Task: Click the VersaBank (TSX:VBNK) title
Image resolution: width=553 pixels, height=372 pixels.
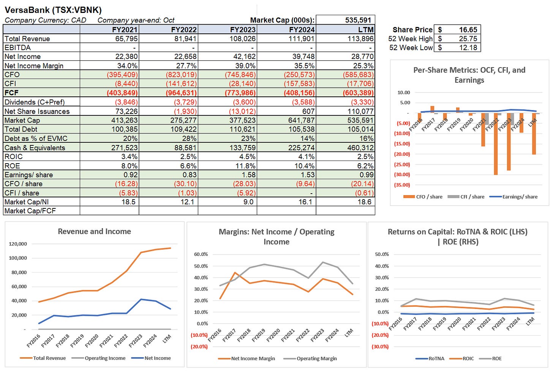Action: [x=53, y=10]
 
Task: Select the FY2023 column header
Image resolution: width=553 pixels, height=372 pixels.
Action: [x=243, y=30]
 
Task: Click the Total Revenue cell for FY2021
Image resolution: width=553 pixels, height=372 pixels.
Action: [x=126, y=39]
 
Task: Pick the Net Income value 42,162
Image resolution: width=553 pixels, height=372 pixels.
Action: [x=243, y=57]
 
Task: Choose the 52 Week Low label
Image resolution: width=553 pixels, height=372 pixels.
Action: [x=411, y=47]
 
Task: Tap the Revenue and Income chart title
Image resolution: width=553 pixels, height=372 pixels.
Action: [x=94, y=232]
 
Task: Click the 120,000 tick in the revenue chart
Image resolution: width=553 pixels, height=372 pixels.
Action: [x=17, y=244]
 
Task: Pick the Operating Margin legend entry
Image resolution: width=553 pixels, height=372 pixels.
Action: [x=316, y=358]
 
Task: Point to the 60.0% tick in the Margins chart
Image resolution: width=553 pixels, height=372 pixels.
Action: [x=201, y=254]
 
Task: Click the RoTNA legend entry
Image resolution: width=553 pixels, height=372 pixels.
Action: [x=436, y=358]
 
